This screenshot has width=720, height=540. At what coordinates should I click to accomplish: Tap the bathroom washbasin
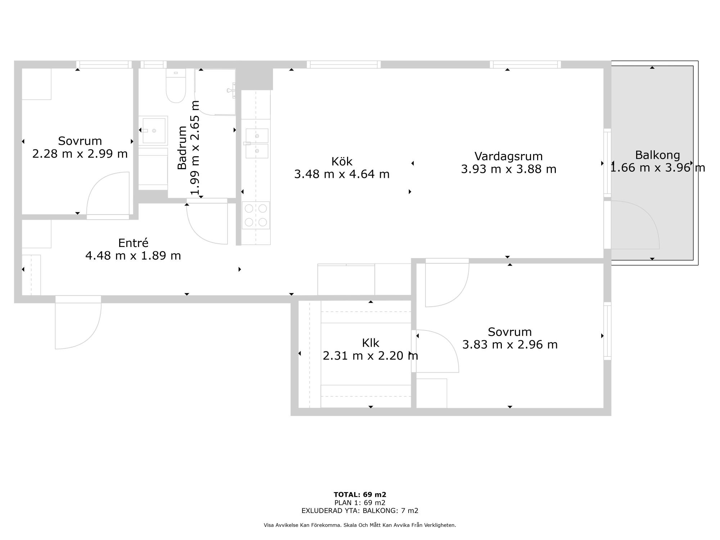tap(153, 130)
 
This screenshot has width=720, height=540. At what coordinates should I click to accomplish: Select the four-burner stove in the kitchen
tap(256, 215)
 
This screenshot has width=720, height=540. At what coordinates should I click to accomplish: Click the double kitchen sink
tap(257, 143)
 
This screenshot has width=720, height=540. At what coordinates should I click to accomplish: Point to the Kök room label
tap(342, 161)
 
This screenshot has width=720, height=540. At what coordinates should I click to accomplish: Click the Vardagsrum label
tap(508, 156)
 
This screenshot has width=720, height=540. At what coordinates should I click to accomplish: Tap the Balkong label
tap(657, 155)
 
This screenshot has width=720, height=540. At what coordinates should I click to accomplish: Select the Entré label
tap(133, 243)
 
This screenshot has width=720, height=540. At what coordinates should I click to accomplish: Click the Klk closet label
tap(370, 343)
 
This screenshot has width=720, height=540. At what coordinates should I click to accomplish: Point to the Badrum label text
tap(182, 148)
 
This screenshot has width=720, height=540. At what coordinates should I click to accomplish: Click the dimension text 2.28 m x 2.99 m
tap(80, 154)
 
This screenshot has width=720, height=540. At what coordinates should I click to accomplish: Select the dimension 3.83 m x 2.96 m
tap(510, 345)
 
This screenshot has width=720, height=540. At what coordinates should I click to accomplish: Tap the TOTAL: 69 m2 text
tap(360, 495)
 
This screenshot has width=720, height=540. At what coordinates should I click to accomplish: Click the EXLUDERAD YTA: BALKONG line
tap(360, 510)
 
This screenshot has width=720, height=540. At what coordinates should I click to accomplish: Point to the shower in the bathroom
tap(215, 92)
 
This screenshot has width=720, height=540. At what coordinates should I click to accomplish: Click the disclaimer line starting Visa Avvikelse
tap(360, 525)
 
